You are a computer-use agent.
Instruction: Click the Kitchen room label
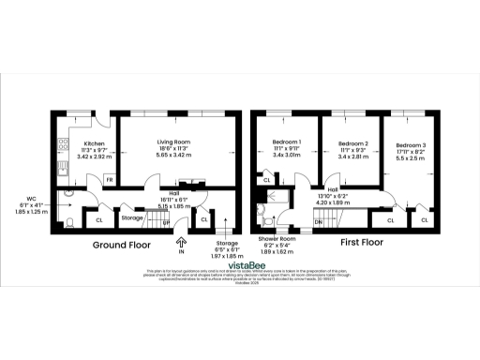(81, 143)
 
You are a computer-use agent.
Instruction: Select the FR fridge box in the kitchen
(110, 178)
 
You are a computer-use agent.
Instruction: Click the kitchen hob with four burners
(63, 145)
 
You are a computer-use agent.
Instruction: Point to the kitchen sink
(62, 169)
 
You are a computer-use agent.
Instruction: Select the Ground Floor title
(121, 244)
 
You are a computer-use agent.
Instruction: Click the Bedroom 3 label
(410, 146)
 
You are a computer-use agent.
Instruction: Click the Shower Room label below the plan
(277, 240)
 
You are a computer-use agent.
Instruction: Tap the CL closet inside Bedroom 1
(267, 180)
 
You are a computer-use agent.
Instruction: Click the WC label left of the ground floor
(31, 199)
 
